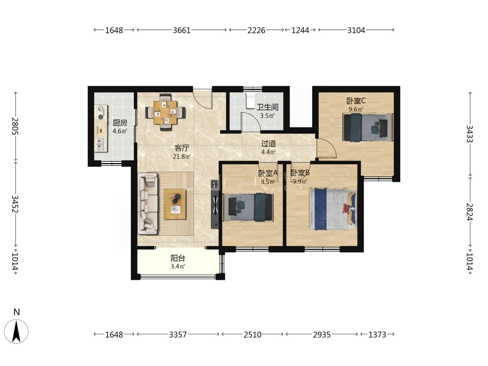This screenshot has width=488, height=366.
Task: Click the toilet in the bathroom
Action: (x=251, y=100)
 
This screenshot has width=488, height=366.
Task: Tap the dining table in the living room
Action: (x=166, y=113)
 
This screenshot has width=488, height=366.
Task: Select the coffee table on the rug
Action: (x=175, y=204)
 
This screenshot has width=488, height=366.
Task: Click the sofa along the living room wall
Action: (x=148, y=204)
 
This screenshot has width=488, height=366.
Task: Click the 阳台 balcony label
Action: (x=178, y=258)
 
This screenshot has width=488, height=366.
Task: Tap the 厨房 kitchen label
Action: (x=120, y=123)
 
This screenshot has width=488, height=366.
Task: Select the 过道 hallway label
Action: (x=268, y=144)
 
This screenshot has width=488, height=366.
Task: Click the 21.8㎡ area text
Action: (x=182, y=157)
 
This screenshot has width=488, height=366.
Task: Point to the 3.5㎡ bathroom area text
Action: (x=267, y=116)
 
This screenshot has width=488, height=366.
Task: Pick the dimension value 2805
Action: (x=15, y=126)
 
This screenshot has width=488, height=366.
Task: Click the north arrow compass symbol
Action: (x=16, y=331)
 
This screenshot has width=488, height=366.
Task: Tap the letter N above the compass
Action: (x=17, y=312)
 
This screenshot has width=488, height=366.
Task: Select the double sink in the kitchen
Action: (x=101, y=144)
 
